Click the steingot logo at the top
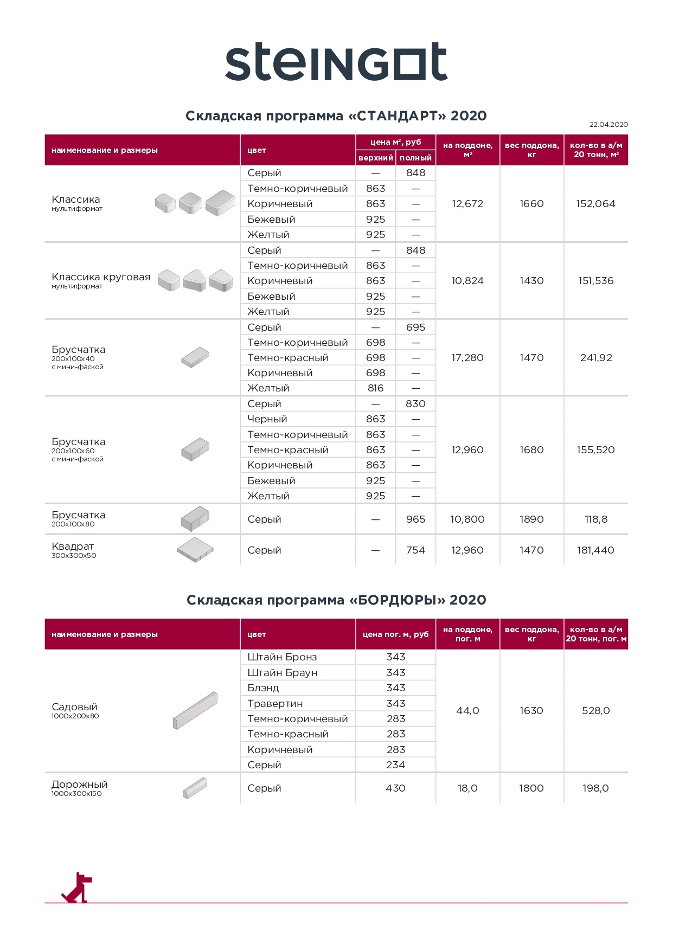click(336, 62)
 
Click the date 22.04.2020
click(608, 125)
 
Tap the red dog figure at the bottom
click(77, 888)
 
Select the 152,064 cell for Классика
click(595, 204)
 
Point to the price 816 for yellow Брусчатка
click(375, 388)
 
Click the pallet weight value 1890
click(531, 519)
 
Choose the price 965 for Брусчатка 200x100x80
click(415, 519)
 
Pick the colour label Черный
click(267, 419)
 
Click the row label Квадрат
click(73, 547)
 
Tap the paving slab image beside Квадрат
click(195, 550)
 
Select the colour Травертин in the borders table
click(275, 704)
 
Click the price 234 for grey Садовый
click(395, 765)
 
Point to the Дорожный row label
click(80, 785)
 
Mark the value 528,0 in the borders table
click(595, 711)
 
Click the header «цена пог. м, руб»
click(395, 634)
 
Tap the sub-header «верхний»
click(375, 158)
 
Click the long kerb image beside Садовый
click(195, 710)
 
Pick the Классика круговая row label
click(101, 277)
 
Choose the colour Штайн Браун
click(283, 673)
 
